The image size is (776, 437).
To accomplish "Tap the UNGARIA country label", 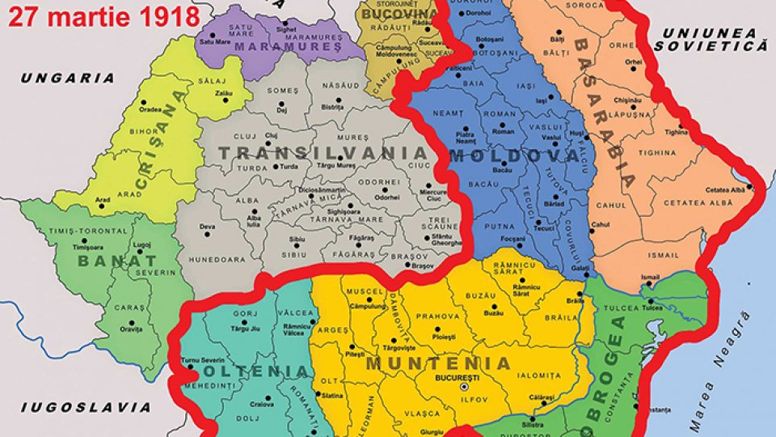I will tap(68, 78).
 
